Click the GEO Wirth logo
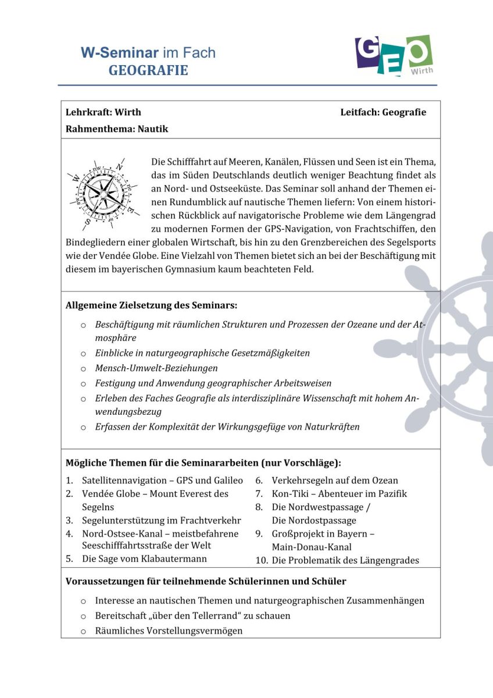394,56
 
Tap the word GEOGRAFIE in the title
148,71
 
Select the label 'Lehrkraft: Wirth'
103,112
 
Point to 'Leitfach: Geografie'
383,112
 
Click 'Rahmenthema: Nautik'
117,129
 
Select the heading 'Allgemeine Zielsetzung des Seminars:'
151,305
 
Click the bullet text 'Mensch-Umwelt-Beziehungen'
156,368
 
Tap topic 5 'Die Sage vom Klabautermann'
144,560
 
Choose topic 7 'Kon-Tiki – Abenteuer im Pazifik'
340,494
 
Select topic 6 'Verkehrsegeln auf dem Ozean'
335,480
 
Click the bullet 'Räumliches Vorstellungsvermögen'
169,631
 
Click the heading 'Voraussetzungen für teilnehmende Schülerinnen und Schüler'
206,581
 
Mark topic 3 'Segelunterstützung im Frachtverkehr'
161,521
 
